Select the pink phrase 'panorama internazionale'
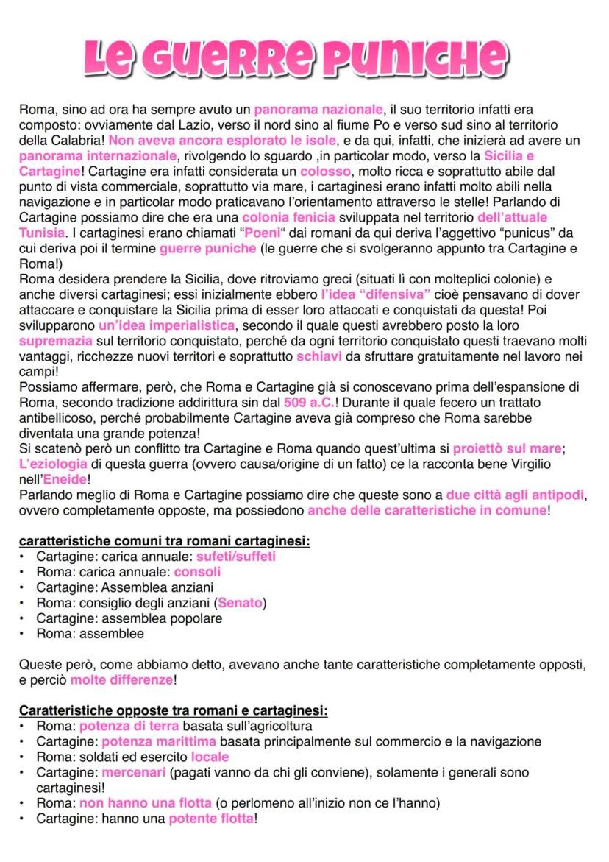click(x=98, y=156)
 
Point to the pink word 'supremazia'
click(x=56, y=341)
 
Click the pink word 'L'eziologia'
click(x=53, y=464)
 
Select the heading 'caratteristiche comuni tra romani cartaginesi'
click(x=164, y=541)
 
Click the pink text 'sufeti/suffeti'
click(x=236, y=557)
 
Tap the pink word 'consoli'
click(x=197, y=572)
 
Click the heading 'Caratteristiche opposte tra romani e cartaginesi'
click(x=173, y=711)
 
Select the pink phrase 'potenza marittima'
click(x=159, y=741)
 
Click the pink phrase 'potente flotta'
click(x=211, y=819)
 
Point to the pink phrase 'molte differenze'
click(x=121, y=680)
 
